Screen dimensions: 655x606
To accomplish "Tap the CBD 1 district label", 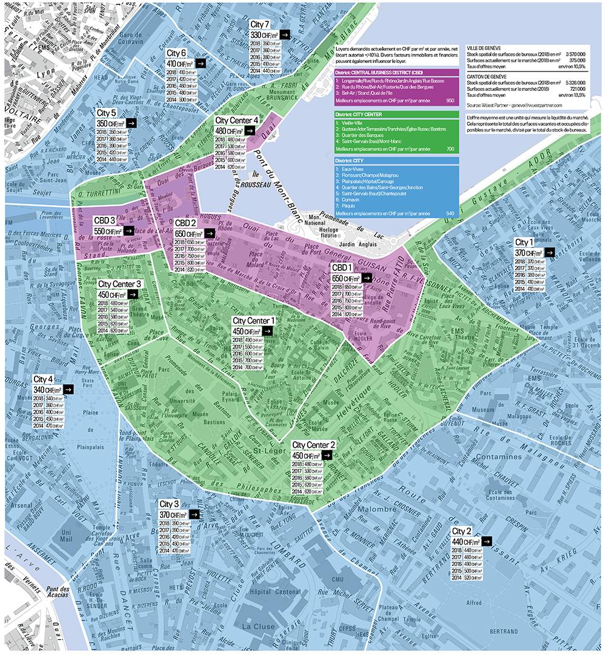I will click(341, 267).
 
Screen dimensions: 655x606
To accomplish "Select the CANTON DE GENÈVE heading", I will click(485, 76).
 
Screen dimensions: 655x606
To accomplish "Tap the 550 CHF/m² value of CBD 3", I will click(107, 231).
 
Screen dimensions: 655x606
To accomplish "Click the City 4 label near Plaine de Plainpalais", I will click(43, 379).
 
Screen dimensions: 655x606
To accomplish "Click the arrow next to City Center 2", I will click(327, 455).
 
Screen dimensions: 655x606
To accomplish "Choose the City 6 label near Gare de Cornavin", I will click(176, 53).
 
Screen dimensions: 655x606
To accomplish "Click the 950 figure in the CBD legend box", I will click(450, 100).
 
